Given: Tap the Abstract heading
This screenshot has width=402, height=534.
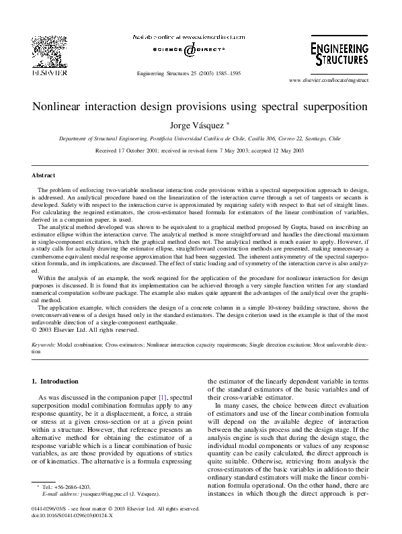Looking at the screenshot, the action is click(44, 175).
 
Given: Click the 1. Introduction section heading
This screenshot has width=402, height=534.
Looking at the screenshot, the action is click(55, 382).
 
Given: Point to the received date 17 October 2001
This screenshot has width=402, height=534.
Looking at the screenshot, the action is click(139, 152).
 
